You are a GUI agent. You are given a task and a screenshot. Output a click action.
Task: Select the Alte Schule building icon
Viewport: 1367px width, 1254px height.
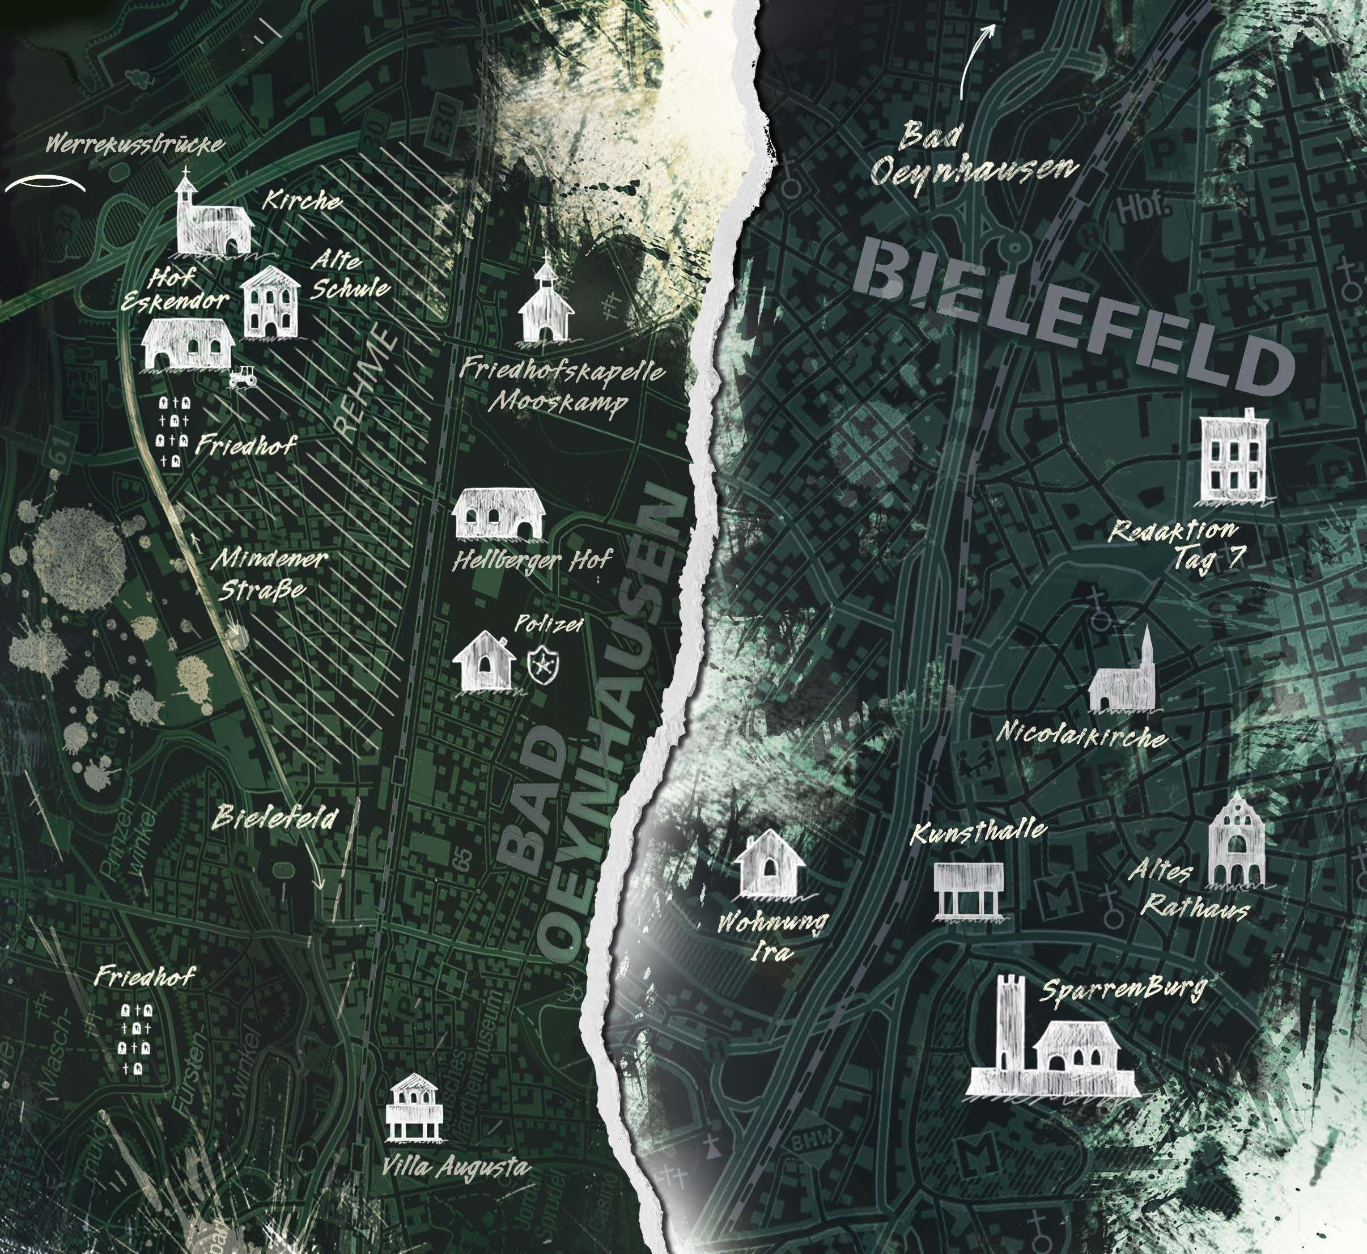pos(271,303)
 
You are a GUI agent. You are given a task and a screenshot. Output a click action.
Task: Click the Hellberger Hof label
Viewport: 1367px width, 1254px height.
pos(531,561)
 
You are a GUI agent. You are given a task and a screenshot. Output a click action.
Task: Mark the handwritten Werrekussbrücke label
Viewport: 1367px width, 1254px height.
pos(134,145)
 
